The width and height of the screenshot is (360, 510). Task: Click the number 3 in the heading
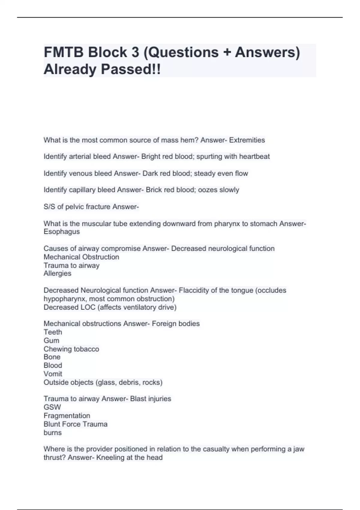coord(135,52)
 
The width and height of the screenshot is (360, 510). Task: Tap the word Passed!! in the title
coord(130,70)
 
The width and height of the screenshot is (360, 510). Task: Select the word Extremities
coord(247,140)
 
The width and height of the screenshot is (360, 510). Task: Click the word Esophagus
coord(61,232)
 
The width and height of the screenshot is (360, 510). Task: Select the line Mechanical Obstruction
coord(81,257)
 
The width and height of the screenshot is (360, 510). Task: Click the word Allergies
coord(57,274)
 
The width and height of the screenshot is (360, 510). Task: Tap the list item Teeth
coord(53,332)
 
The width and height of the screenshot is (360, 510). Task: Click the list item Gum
coord(51,340)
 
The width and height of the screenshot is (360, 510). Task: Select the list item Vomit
coord(53,374)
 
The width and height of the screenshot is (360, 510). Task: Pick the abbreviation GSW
coord(52,407)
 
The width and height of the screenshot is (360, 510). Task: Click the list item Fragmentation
coord(67,416)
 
